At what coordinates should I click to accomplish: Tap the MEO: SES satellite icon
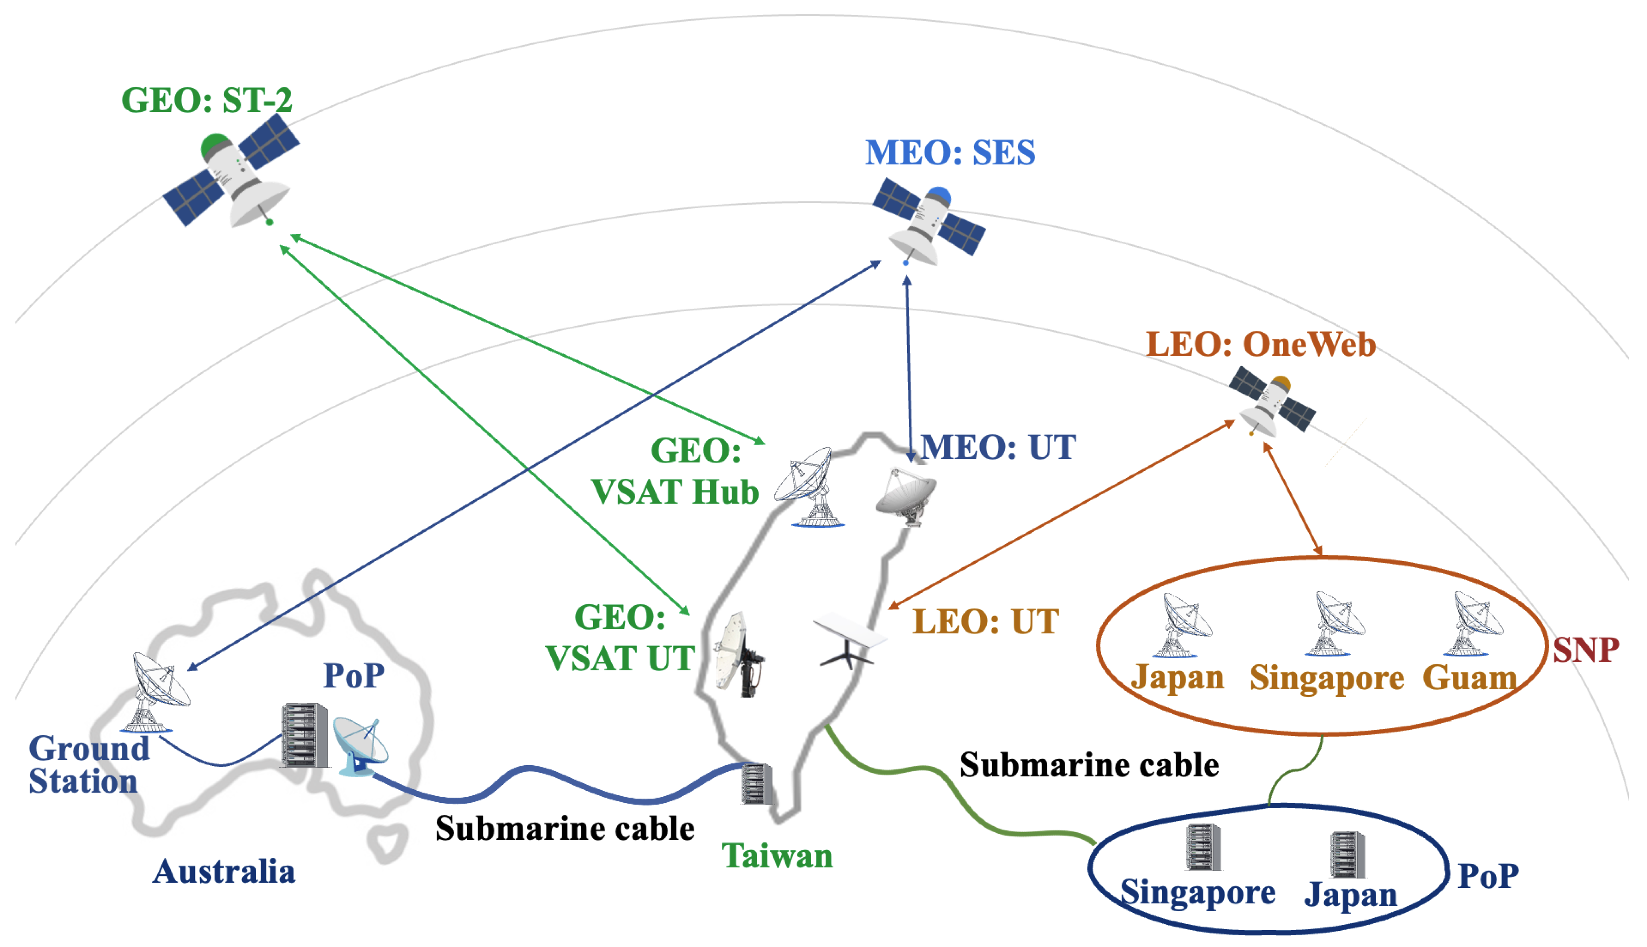tap(928, 221)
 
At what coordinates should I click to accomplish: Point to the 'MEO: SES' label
tap(950, 153)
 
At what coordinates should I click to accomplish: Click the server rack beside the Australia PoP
tap(305, 735)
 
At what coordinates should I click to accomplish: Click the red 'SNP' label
tap(1586, 650)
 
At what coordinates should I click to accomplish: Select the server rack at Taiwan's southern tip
tap(757, 784)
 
